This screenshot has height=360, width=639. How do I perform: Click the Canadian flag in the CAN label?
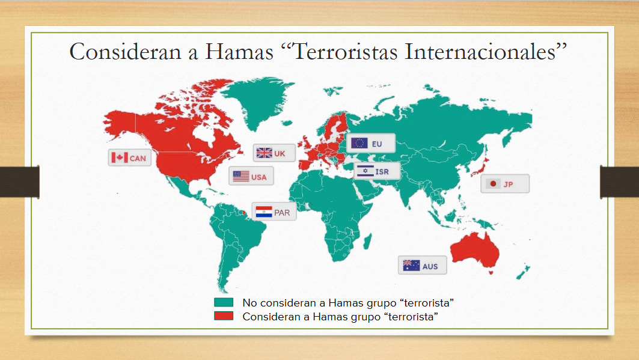[120, 157]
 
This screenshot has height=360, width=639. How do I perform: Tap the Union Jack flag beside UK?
[264, 153]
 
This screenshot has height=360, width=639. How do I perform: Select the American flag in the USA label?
[241, 176]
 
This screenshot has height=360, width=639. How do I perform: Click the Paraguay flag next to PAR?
[264, 212]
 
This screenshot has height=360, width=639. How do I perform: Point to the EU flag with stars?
[359, 143]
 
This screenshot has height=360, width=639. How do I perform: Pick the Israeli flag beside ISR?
[365, 171]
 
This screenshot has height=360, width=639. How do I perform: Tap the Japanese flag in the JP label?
[493, 184]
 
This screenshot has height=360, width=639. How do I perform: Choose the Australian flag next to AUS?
[411, 266]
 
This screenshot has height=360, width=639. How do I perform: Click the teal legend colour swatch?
[224, 302]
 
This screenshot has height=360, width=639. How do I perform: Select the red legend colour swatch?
[224, 316]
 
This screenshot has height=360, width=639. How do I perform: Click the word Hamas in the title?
[239, 52]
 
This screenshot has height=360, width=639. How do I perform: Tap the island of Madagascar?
[367, 242]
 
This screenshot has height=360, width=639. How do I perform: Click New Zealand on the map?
[523, 272]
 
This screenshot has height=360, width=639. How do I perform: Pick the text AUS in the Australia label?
[430, 266]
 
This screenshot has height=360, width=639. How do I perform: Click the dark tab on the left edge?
[20, 182]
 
